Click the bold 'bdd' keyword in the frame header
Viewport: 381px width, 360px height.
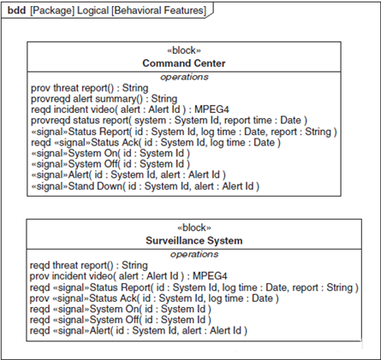(16, 10)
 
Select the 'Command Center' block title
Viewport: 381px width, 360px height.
(184, 63)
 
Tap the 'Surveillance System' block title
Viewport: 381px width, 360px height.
(194, 240)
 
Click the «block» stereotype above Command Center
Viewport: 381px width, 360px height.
(184, 50)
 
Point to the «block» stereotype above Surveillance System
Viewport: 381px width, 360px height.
(194, 227)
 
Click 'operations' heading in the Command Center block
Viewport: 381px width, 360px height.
(184, 77)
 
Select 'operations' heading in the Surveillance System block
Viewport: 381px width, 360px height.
(194, 254)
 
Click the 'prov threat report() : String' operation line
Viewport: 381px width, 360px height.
(90, 88)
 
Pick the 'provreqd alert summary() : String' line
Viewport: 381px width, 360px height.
(104, 99)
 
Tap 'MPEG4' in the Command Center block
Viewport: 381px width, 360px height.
(211, 109)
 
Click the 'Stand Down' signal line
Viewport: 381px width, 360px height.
(146, 186)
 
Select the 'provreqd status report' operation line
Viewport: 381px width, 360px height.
(169, 121)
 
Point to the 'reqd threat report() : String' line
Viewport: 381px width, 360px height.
(89, 265)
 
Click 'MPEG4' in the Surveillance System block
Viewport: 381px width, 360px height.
(210, 276)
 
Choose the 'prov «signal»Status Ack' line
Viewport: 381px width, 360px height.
(154, 298)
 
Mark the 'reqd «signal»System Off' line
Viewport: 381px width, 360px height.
(121, 320)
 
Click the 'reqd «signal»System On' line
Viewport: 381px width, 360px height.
(121, 310)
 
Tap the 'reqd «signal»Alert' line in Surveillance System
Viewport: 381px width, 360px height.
(139, 331)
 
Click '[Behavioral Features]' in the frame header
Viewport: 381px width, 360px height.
(159, 10)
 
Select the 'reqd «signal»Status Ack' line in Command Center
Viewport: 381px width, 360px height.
(156, 143)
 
